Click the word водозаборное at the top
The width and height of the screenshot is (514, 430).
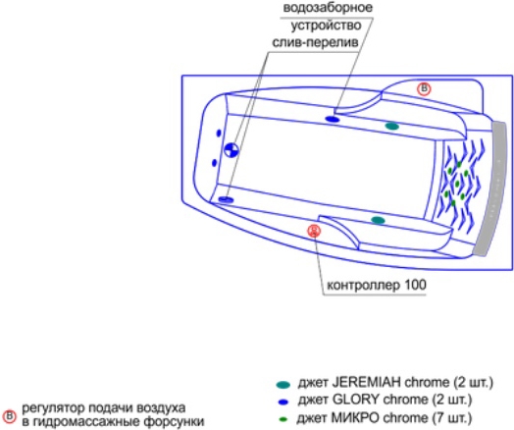coord(328,8)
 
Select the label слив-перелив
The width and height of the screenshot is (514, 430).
coord(315,42)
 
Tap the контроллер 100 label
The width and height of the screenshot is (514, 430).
coord(377,285)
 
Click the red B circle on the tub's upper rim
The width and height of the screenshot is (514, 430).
coord(424,89)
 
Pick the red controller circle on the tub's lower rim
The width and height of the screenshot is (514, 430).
coord(314,231)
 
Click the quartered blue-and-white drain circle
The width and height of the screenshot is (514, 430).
coord(231,150)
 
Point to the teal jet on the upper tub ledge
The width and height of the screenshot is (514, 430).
coord(392,126)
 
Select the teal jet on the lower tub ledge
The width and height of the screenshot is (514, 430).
coord(378,220)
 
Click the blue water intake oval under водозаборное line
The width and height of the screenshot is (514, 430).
coord(333,119)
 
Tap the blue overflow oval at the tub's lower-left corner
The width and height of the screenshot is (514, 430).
coord(226,199)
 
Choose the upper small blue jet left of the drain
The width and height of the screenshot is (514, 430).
coord(219,133)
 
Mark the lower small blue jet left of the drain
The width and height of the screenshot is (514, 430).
coord(215,162)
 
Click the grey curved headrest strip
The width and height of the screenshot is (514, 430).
coord(491,188)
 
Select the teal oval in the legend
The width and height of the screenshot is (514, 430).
coord(283,385)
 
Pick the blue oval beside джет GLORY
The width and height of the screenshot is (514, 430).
coord(283,402)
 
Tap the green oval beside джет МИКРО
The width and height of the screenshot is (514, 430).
coord(283,419)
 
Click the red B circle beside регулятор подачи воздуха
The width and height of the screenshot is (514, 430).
coord(9,416)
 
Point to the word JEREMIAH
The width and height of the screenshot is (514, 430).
coord(367,383)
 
